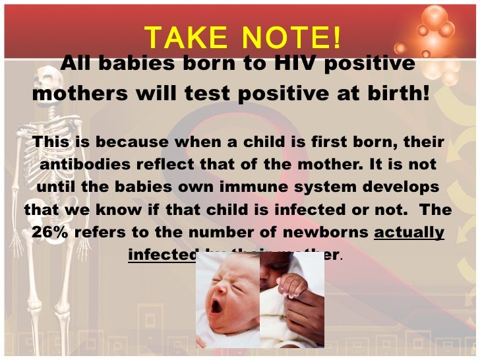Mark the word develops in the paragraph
pos(402,187)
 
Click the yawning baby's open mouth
pos(217,308)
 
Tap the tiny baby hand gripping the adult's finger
pos(291,285)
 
